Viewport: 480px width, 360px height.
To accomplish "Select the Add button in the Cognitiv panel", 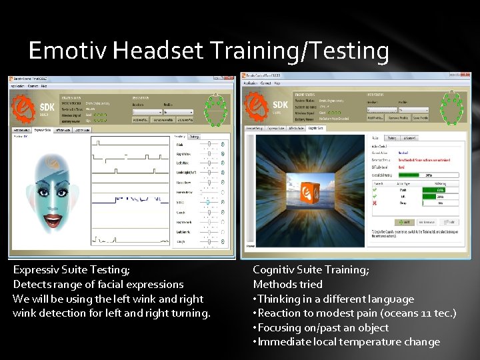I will (x=404, y=221).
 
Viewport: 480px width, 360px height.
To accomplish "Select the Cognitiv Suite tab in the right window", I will (x=316, y=127).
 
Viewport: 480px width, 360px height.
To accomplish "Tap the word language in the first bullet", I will (x=390, y=299).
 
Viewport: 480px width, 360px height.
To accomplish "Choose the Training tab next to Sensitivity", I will (x=194, y=136).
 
